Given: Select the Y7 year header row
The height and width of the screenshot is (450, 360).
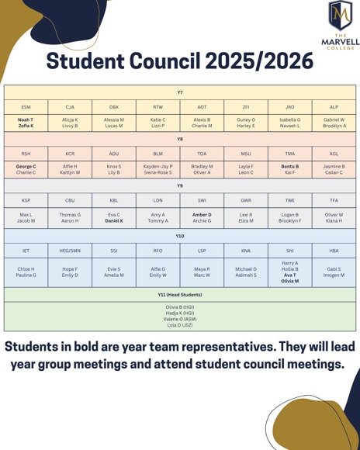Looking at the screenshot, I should [180, 92].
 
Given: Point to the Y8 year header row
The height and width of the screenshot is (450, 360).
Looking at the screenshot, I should [180, 140].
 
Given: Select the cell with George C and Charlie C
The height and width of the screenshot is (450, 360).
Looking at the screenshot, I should [26, 170].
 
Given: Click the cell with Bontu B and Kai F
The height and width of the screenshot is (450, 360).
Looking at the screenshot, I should [290, 170].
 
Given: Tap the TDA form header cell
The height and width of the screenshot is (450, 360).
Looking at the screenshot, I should [202, 154].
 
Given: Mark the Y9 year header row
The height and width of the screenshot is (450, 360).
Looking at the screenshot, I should [180, 186].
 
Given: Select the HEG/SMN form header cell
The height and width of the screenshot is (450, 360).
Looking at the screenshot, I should [70, 251].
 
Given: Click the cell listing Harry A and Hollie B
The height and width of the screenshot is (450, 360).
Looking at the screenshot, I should [290, 272].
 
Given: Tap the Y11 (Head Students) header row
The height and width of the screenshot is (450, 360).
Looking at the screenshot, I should [180, 295].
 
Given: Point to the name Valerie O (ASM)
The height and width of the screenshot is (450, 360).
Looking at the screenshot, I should [179, 319].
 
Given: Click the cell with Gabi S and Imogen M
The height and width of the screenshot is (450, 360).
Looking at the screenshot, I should [334, 272].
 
